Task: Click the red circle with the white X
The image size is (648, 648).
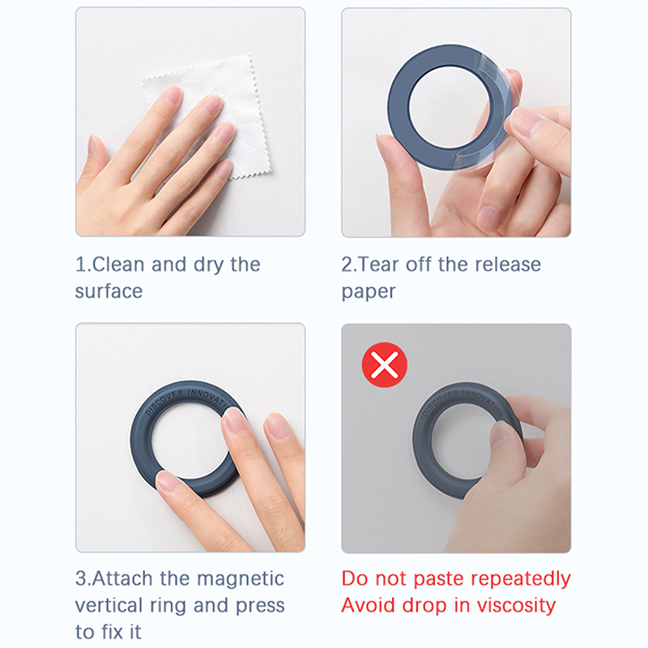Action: tap(384, 364)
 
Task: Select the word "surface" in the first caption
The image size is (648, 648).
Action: tap(109, 292)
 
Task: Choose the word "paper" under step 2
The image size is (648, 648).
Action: tap(369, 292)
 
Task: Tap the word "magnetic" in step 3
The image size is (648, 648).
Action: tap(241, 578)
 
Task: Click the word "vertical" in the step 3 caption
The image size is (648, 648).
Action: tap(109, 605)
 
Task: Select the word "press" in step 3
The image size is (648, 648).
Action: tap(260, 606)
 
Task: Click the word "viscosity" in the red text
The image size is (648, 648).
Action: tap(516, 606)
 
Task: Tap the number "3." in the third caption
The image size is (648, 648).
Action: tap(83, 578)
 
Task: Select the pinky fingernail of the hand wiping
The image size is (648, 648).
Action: tap(92, 144)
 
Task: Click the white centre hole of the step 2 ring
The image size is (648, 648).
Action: tap(450, 108)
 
